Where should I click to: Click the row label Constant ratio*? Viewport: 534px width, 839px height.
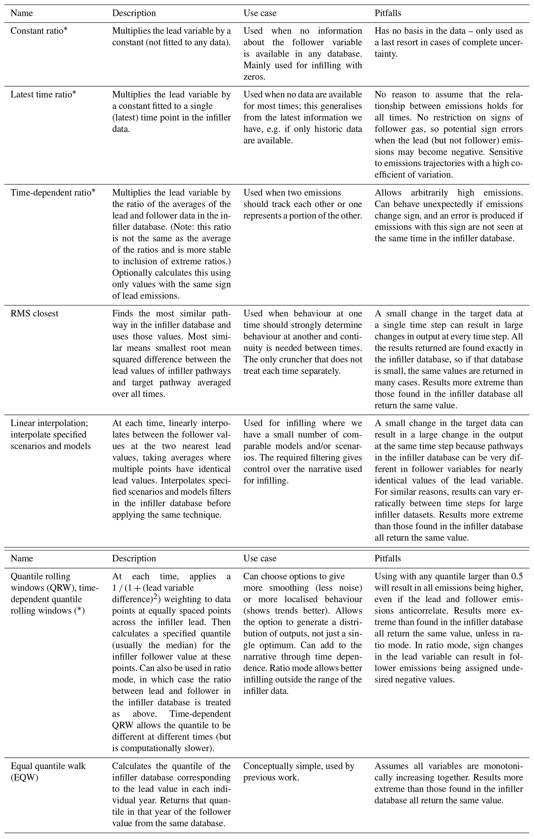point(39,31)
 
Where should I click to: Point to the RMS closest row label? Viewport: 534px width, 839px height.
point(35,314)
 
